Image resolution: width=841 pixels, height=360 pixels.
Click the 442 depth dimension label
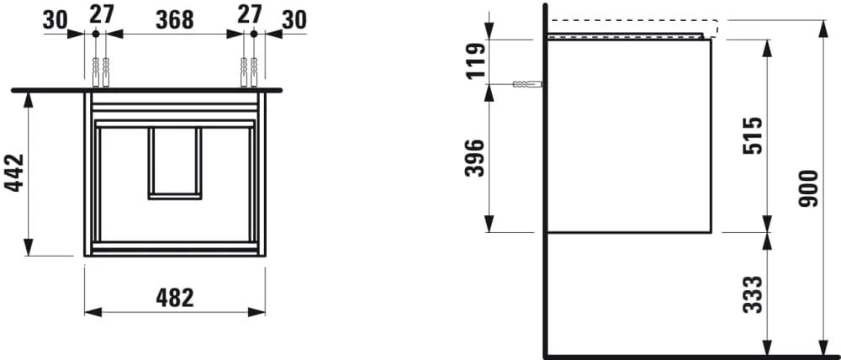pyautogui.click(x=14, y=172)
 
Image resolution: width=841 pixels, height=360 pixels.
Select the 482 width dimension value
pyautogui.click(x=175, y=298)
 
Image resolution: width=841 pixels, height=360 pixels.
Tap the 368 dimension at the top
pyautogui.click(x=175, y=20)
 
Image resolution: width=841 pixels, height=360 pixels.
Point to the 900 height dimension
pyautogui.click(x=808, y=188)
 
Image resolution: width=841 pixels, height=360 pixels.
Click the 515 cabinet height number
pyautogui.click(x=753, y=135)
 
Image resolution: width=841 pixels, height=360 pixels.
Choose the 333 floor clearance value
pyautogui.click(x=753, y=294)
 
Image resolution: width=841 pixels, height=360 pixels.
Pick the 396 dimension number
pyautogui.click(x=475, y=158)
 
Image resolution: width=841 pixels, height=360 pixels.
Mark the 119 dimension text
pyautogui.click(x=475, y=61)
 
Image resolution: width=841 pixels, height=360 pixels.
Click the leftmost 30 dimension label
pyautogui.click(x=56, y=20)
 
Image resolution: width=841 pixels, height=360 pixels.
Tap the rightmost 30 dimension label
pyautogui.click(x=294, y=20)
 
